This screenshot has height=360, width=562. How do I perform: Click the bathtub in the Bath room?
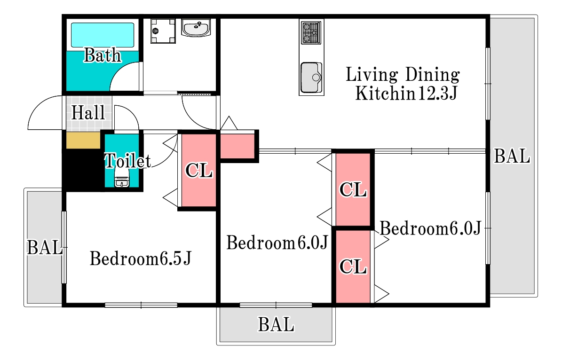[x=103, y=35]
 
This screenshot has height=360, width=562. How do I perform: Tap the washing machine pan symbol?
[x=163, y=31]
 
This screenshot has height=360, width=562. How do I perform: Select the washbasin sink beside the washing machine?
[x=196, y=28]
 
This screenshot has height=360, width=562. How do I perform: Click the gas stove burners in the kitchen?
[x=311, y=32]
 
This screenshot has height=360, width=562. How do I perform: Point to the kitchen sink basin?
[x=311, y=78]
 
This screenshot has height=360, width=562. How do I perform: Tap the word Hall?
[x=88, y=113]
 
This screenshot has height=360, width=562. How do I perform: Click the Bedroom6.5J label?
[x=141, y=258]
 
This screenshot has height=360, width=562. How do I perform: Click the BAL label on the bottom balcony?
[x=276, y=325]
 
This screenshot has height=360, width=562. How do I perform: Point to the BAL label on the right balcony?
[x=512, y=156]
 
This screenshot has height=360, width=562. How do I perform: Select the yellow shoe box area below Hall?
[x=83, y=140]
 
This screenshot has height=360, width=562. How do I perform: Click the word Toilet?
[x=127, y=160]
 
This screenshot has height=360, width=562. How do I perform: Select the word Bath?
[x=103, y=55]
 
